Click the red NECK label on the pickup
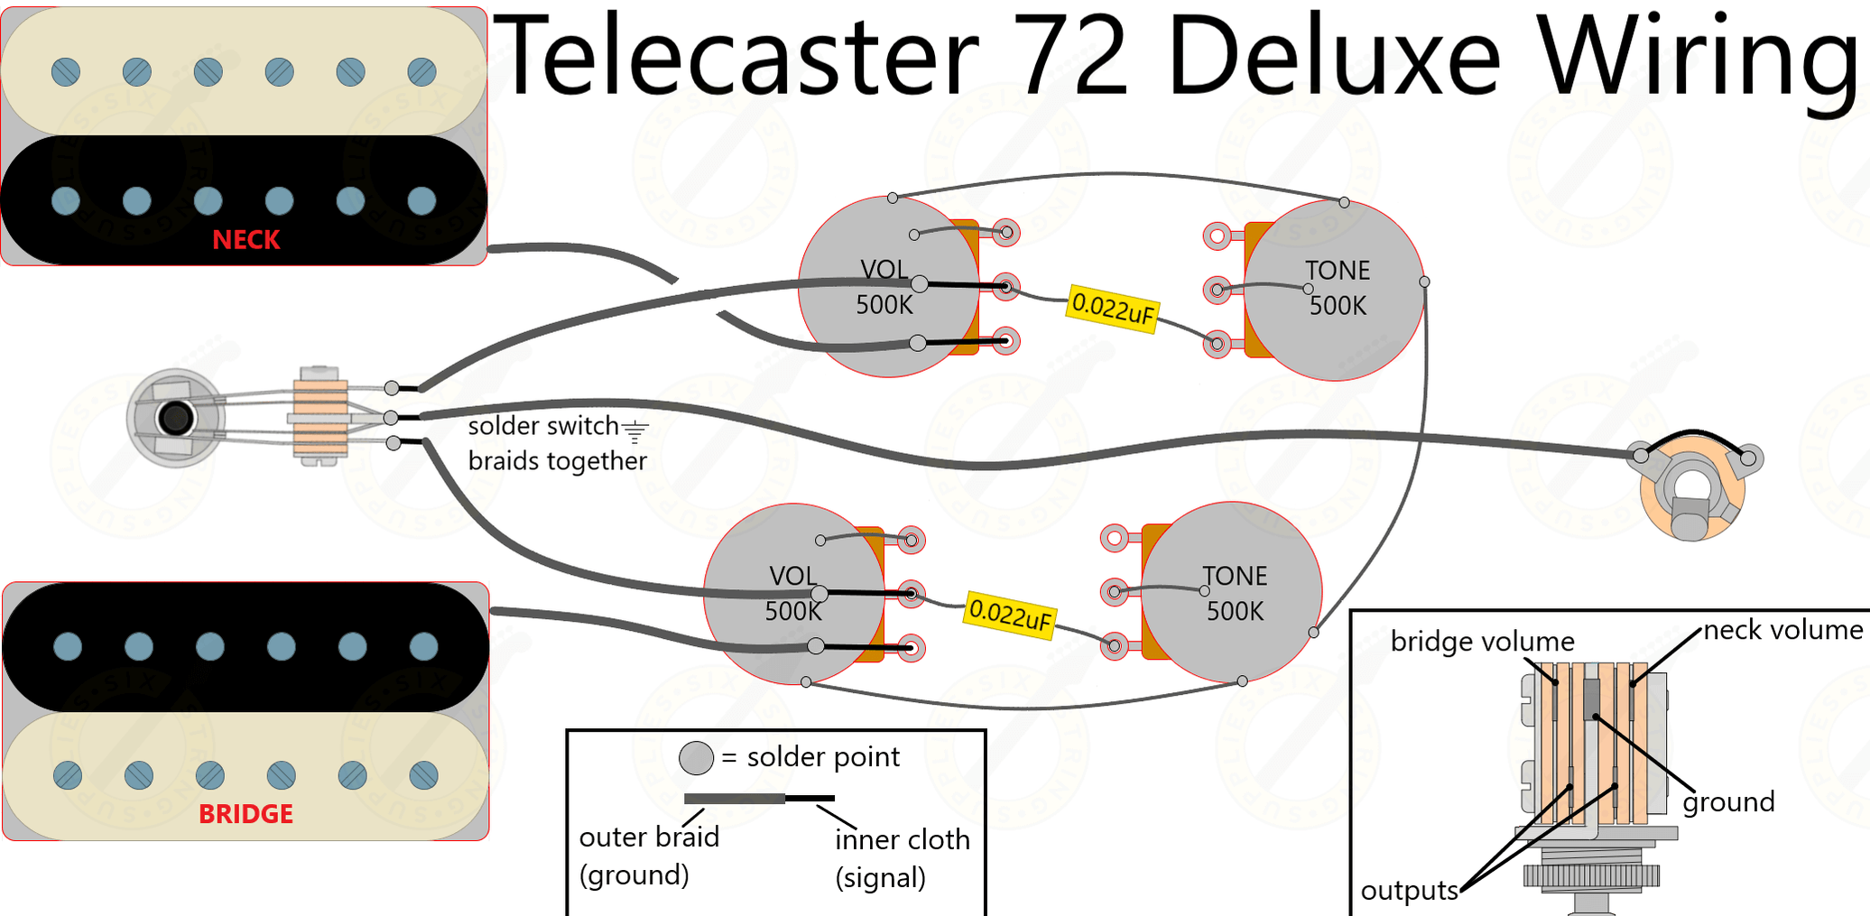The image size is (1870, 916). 245,240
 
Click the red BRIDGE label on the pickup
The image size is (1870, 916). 245,814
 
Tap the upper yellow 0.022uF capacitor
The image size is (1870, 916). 1112,310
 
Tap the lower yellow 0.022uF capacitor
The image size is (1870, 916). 1010,615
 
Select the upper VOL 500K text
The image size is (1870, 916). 884,287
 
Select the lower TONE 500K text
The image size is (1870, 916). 1235,593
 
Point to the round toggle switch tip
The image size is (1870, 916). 175,418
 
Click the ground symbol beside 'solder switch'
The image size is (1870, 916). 635,432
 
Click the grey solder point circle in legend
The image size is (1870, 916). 696,758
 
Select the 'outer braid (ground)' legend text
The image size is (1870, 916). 648,856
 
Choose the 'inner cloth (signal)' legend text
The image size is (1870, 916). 902,857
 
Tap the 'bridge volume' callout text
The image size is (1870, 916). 1482,642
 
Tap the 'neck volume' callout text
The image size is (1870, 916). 1782,630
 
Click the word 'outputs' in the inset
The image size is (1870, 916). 1409,891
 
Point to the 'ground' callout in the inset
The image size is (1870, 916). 1728,801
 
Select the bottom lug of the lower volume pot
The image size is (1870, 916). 912,648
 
